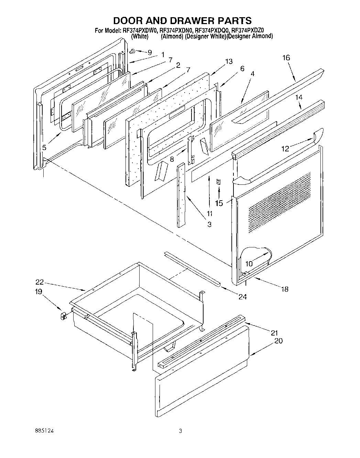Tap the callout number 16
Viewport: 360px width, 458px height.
click(286, 58)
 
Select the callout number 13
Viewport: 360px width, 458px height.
click(229, 62)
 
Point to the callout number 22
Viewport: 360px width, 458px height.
click(40, 282)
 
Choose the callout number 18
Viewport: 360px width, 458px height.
click(285, 289)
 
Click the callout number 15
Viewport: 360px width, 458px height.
click(219, 203)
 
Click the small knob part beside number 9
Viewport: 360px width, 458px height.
click(132, 51)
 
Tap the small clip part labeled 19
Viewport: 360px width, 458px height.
click(63, 316)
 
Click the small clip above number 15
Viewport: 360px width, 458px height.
click(218, 182)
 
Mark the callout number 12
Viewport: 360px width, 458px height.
click(285, 149)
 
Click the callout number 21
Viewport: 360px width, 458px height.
click(274, 333)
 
